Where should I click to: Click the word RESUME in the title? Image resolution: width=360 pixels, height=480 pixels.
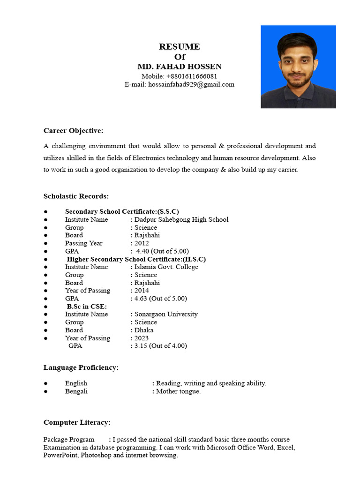[179, 46]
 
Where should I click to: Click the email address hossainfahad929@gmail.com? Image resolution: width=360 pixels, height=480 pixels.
[191, 84]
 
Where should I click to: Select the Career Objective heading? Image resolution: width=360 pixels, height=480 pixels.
[73, 130]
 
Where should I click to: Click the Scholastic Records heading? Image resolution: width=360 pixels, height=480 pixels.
[76, 196]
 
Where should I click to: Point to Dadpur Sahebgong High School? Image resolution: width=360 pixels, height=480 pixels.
[181, 219]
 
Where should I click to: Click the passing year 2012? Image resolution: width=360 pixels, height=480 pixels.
[142, 243]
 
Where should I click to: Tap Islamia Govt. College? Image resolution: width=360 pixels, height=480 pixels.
[166, 267]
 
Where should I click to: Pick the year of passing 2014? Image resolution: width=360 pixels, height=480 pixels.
[142, 290]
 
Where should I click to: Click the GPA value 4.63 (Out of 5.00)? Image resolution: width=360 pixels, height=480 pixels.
[161, 298]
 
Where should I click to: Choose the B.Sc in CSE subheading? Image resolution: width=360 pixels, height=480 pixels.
[87, 306]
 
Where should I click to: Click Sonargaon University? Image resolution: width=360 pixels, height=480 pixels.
[166, 314]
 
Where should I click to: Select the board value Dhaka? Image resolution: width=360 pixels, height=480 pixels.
[144, 330]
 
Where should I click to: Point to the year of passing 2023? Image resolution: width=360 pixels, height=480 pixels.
[142, 338]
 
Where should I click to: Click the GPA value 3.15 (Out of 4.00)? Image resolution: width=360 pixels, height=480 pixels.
[161, 346]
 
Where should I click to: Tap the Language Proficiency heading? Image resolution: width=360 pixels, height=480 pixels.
[81, 367]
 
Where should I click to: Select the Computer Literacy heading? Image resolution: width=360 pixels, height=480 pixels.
[77, 422]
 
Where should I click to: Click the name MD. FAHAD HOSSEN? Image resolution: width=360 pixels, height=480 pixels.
[179, 67]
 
